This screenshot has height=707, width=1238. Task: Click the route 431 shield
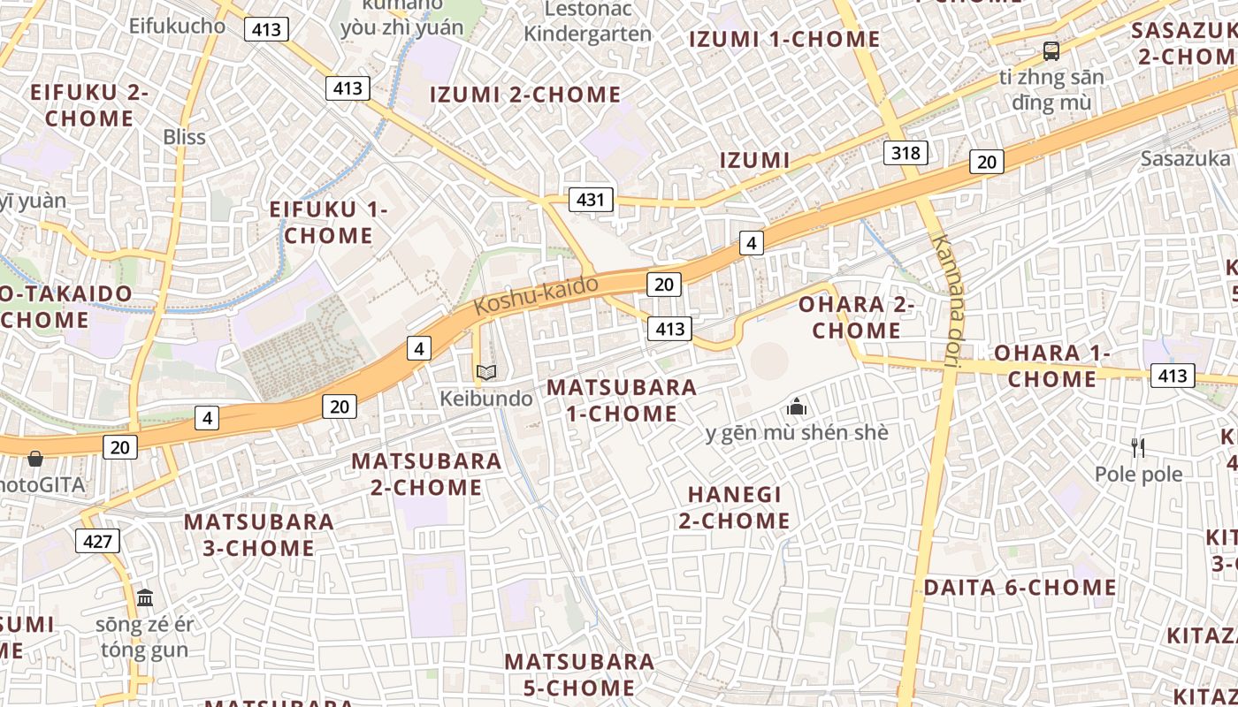tap(590, 200)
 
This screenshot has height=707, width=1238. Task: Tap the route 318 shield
tap(906, 153)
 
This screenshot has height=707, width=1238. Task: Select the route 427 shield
tap(97, 540)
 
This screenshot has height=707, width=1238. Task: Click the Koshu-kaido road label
tap(536, 295)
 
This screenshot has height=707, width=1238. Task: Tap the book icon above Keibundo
tap(485, 372)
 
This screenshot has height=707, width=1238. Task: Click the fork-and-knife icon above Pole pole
tap(1138, 448)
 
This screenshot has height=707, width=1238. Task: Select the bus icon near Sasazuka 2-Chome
tap(1051, 51)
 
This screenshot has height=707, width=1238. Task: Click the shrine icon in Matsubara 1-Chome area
tap(797, 407)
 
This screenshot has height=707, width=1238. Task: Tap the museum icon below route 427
tap(145, 598)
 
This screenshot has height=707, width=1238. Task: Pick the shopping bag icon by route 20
tap(35, 459)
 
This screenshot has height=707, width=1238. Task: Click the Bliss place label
tap(184, 137)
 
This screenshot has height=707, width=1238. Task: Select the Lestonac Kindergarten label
tap(587, 22)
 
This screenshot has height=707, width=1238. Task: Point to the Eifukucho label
tap(177, 26)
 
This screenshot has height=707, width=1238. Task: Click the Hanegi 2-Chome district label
tap(734, 507)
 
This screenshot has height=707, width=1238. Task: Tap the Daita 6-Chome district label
tap(1020, 588)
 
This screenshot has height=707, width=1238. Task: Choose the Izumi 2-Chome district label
tap(525, 95)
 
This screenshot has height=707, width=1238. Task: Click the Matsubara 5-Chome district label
tap(580, 674)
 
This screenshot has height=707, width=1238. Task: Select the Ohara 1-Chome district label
tap(1052, 366)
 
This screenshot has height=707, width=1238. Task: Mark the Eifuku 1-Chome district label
tap(329, 223)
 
